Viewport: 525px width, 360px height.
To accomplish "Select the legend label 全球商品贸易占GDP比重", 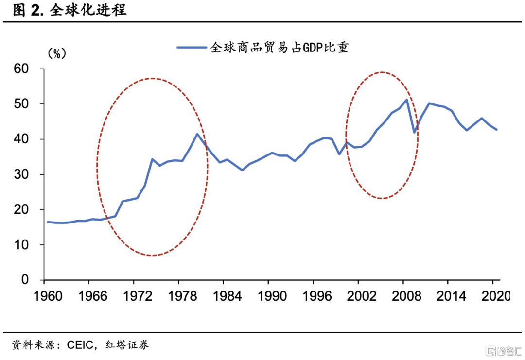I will (279, 48).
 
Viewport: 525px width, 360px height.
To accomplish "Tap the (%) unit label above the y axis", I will (56, 53).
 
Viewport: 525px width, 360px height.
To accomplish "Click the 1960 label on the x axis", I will (44, 295).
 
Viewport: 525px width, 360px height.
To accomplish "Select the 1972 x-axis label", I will (134, 295).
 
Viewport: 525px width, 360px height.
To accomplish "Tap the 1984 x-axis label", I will (223, 295).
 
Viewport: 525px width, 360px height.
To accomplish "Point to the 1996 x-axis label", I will (313, 295).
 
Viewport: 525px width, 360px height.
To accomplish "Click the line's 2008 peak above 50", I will (406, 100).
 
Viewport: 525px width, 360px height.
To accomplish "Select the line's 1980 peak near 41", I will (197, 134).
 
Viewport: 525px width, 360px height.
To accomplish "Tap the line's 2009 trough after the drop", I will (414, 132).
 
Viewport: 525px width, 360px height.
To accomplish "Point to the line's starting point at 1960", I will (47, 222).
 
